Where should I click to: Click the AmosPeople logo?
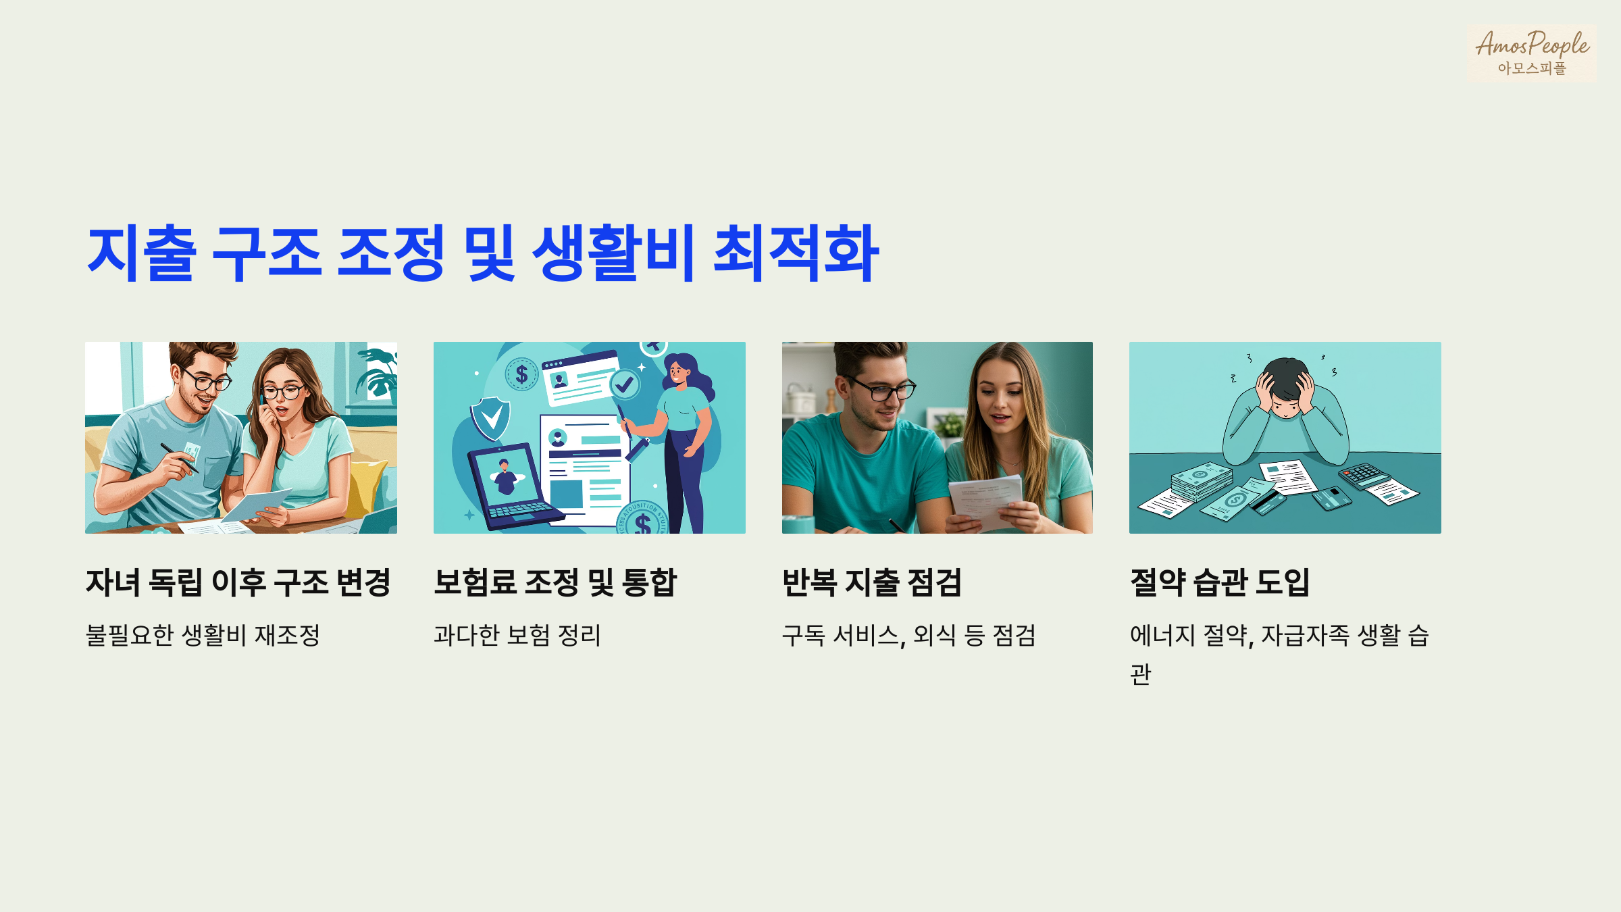[x=1531, y=53]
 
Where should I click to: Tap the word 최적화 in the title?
[x=796, y=253]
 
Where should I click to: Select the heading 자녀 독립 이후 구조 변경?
[x=238, y=582]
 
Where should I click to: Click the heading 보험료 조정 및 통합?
[x=555, y=582]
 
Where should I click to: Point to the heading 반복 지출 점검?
[x=871, y=582]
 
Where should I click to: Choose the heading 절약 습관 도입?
[x=1219, y=582]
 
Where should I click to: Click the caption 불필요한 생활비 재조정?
[x=203, y=635]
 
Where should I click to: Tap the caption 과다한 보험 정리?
[x=517, y=635]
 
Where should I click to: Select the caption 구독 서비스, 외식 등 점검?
[x=908, y=635]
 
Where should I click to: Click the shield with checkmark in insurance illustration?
[x=491, y=417]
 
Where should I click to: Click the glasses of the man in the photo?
[x=881, y=390]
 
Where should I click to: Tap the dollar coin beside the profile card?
[x=521, y=374]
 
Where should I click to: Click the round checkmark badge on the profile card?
[x=625, y=384]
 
